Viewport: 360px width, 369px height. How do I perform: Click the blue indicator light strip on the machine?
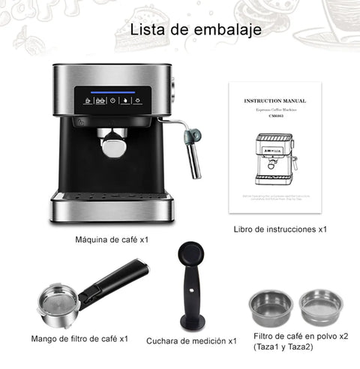(112, 93)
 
